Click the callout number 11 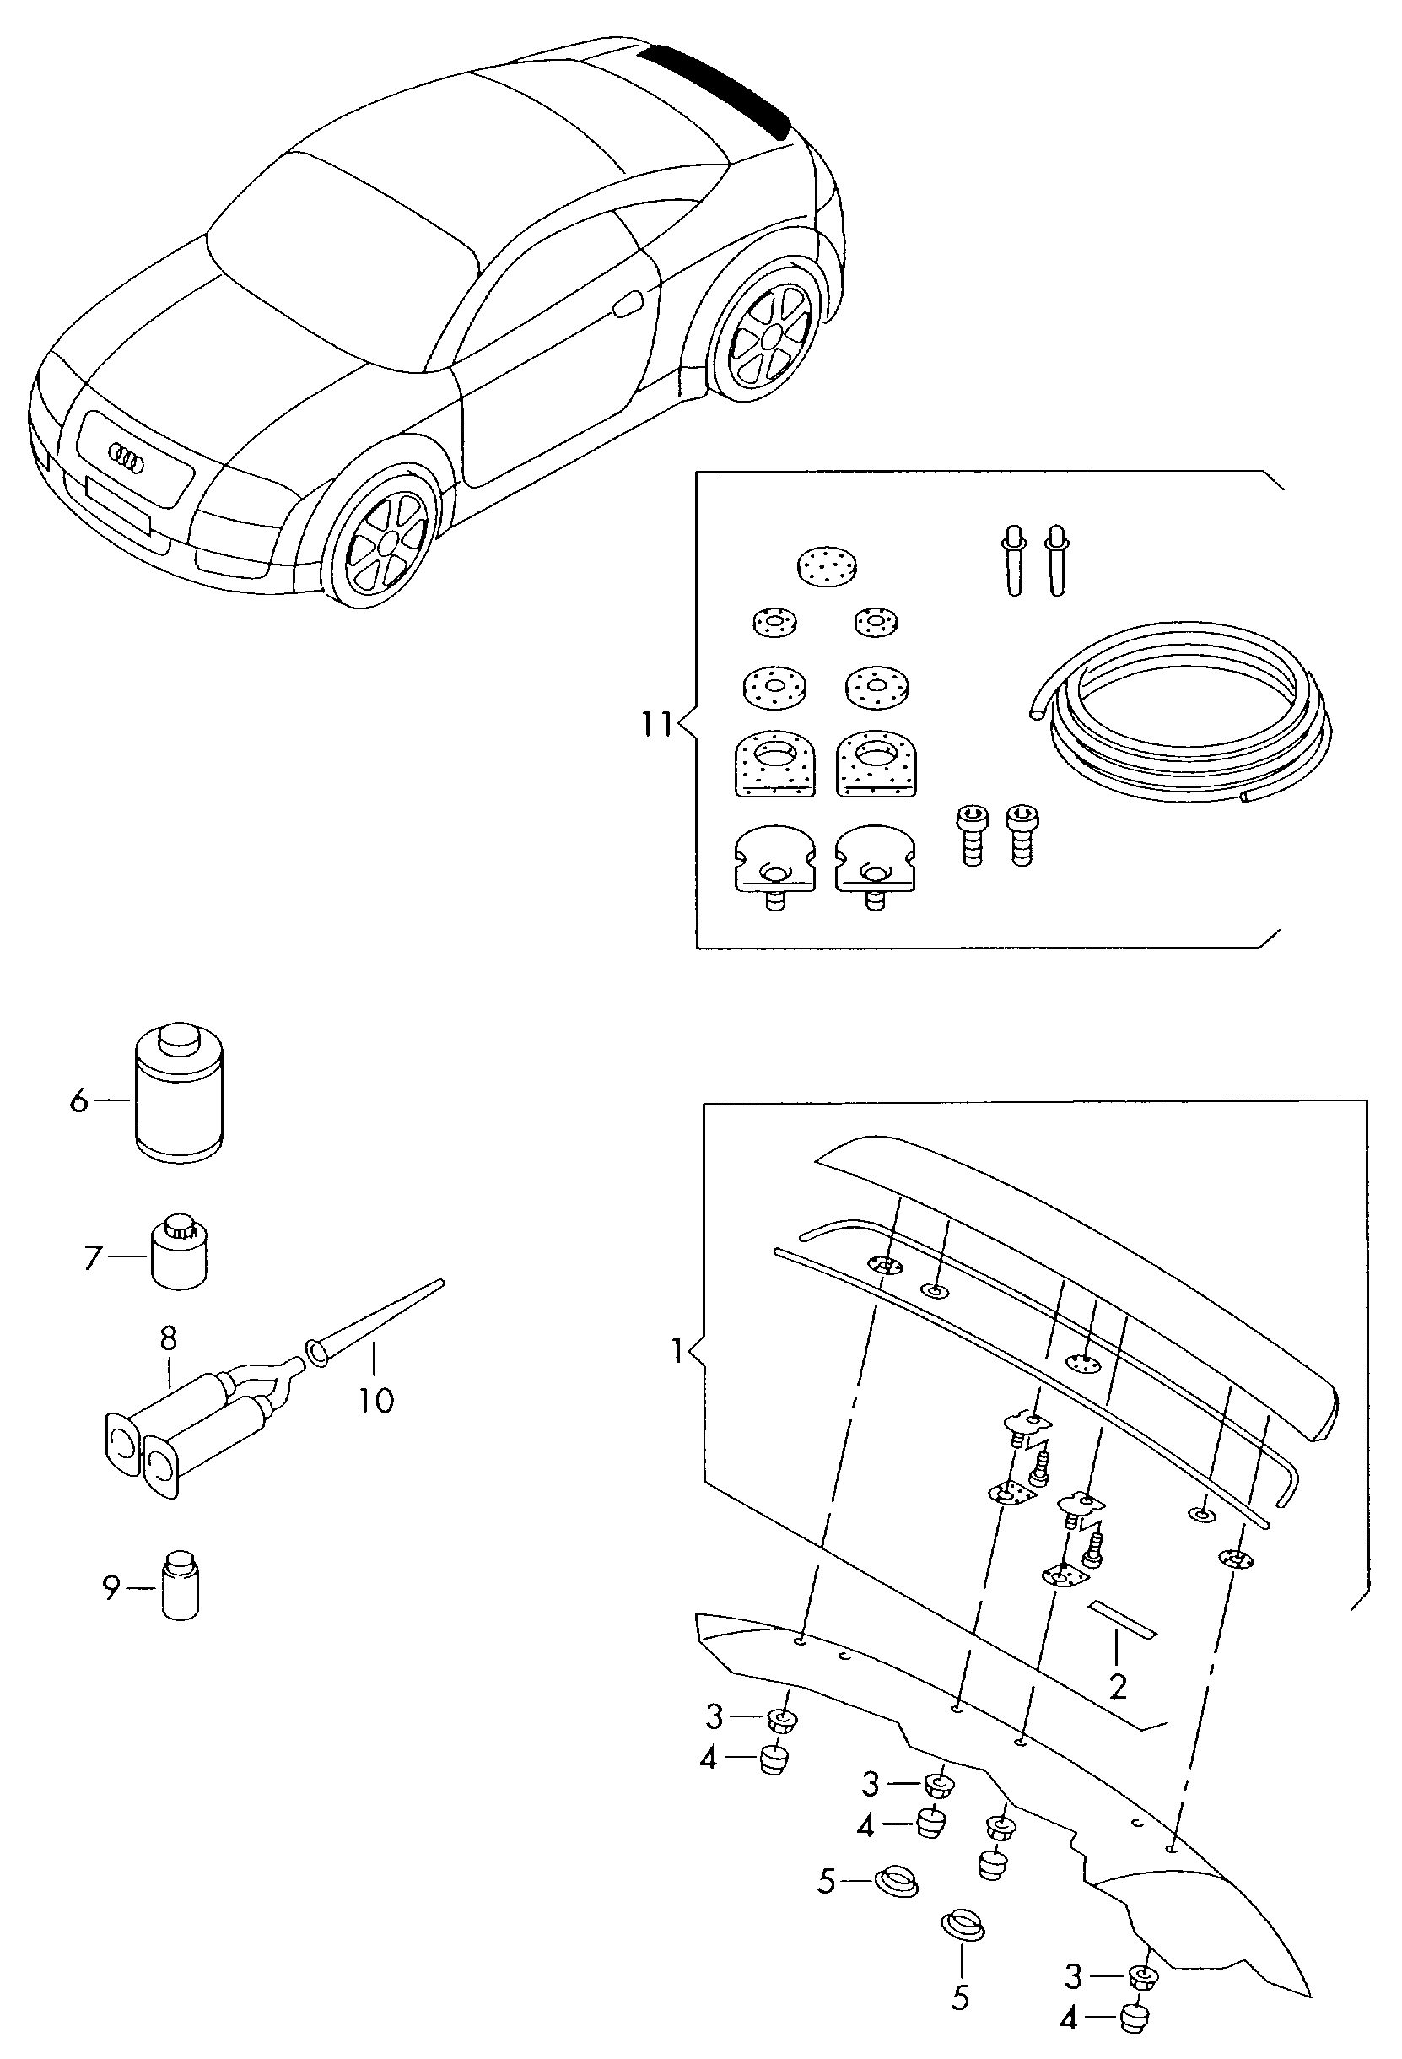[656, 725]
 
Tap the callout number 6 [78, 1101]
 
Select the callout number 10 [375, 1400]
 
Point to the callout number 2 [1118, 1688]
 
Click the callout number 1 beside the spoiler [677, 1351]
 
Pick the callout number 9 [111, 1588]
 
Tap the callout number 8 [168, 1337]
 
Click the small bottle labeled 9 [181, 1586]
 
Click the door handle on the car [628, 305]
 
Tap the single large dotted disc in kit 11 [828, 565]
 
